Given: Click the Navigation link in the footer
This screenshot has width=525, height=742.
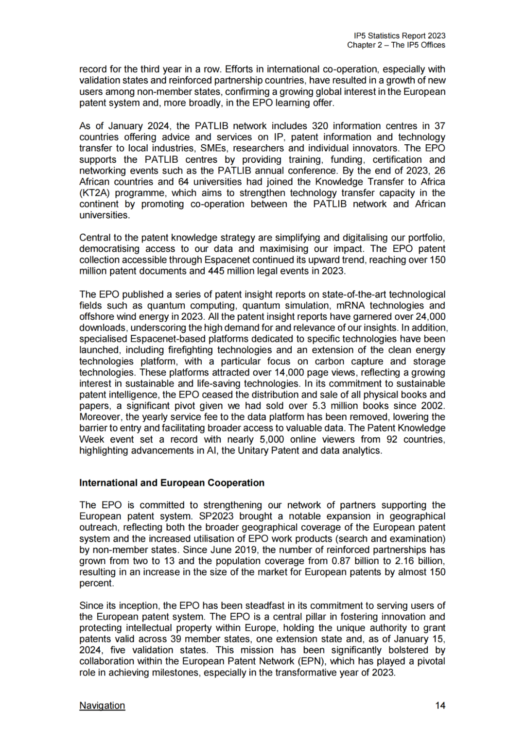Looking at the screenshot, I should tap(102, 705).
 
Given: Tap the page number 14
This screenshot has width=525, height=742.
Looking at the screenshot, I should tap(440, 705).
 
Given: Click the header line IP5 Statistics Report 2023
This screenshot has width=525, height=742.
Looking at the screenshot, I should tap(400, 35).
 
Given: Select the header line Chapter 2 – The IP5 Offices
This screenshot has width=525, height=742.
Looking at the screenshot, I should tap(396, 45).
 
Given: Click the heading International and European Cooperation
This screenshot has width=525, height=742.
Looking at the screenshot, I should tap(172, 483).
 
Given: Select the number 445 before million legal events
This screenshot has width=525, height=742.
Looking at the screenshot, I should tap(216, 271).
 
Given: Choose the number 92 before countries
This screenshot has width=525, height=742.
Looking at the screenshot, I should tap(392, 439).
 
